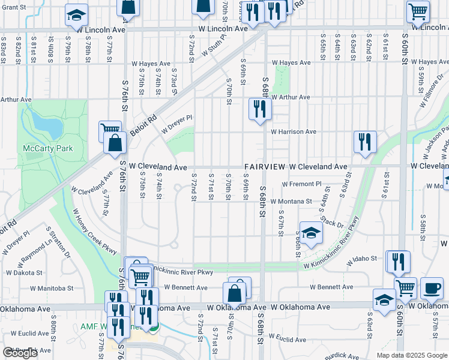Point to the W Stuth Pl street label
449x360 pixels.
tap(214, 44)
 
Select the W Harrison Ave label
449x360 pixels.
tap(293, 131)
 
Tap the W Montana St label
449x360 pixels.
tap(291, 202)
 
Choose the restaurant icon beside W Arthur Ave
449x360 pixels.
tap(260, 109)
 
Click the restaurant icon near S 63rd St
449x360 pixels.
tap(364, 142)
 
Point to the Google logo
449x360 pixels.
tap(20, 353)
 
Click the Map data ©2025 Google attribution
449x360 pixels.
tap(411, 355)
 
